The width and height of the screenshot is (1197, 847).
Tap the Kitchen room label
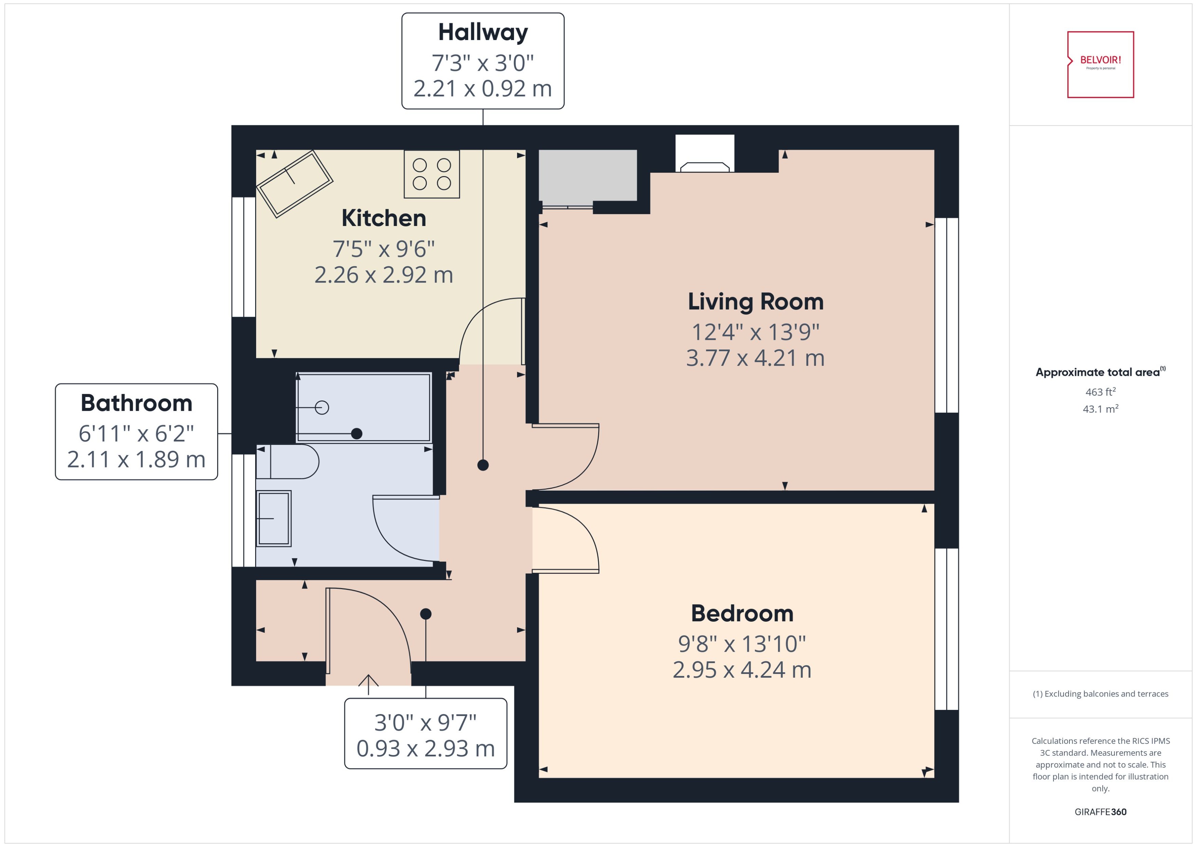383,218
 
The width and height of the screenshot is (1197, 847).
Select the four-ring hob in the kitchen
431,174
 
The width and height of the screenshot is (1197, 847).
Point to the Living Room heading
755,302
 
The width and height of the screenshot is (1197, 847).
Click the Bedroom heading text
742,613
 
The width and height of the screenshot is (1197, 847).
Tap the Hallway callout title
483,32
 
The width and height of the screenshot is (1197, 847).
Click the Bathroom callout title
136,403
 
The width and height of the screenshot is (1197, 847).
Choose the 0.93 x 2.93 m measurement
425,749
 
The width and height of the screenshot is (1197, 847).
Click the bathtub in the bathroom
364,407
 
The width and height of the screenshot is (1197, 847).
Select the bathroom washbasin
273,518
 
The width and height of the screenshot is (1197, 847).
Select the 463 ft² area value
1100,392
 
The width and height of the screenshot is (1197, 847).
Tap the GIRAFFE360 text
1100,812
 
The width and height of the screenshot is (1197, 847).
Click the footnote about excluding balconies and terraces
1100,694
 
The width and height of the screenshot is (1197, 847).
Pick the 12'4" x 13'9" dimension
755,332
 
